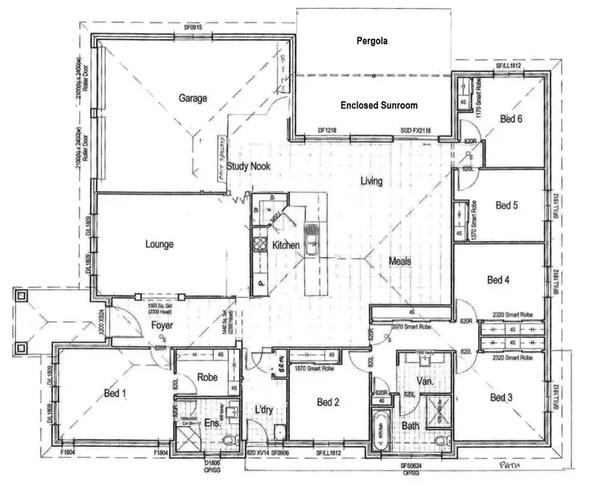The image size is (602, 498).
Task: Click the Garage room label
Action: pos(193,99)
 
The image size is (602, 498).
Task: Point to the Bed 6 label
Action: pos(511,119)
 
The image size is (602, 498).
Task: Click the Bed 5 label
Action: pos(506,205)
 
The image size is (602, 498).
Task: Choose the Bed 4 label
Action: pos(498,280)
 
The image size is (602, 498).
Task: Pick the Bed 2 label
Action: pos(329,402)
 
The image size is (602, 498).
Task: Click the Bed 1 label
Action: pos(114,393)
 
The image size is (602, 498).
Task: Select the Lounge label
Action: pos(161,244)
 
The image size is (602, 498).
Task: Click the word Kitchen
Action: pos(286,245)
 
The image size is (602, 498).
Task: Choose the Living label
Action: pos(371,182)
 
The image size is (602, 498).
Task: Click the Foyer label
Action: pos(163,325)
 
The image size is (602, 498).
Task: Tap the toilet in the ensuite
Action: pos(229,440)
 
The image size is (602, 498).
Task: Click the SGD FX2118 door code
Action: pos(416,130)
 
